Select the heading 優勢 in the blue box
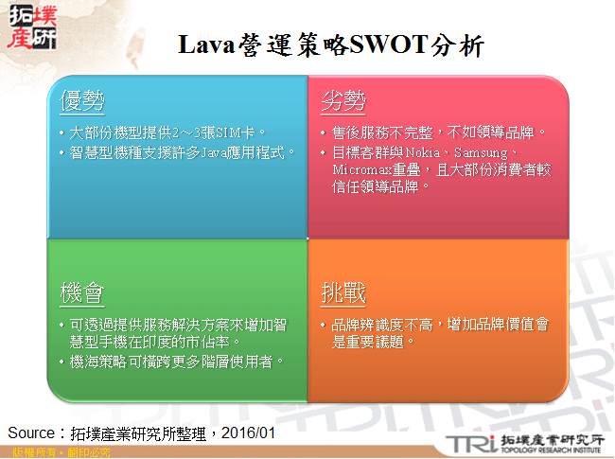click(x=81, y=101)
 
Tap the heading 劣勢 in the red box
click(x=343, y=101)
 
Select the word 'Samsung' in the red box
click(x=483, y=151)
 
